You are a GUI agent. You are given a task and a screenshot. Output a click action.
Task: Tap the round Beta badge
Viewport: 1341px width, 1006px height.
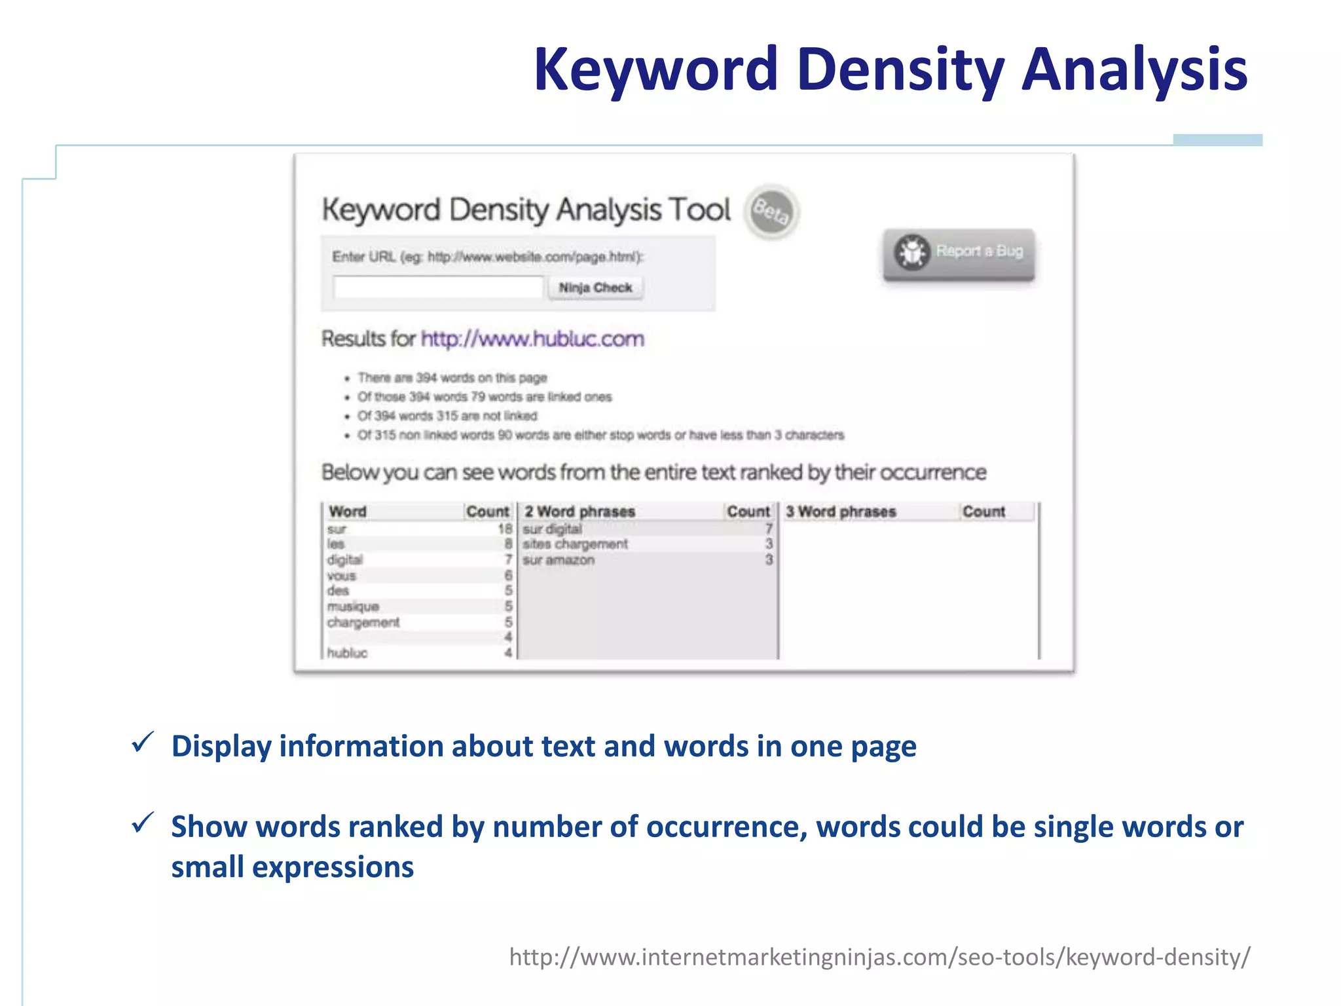pyautogui.click(x=771, y=212)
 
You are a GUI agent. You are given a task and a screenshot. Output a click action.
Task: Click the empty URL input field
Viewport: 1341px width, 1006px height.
pyautogui.click(x=438, y=287)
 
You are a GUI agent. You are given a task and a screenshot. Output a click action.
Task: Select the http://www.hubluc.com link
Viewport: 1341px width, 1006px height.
pyautogui.click(x=532, y=339)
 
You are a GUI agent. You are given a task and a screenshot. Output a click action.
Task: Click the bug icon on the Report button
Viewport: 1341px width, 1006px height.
pyautogui.click(x=912, y=251)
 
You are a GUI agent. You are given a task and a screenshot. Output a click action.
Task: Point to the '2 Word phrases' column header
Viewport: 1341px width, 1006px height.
pyautogui.click(x=579, y=512)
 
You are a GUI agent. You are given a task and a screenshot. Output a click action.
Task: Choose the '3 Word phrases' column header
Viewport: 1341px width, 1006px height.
pyautogui.click(x=840, y=512)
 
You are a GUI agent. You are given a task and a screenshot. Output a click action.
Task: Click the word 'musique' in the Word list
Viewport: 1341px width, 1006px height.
pyautogui.click(x=353, y=606)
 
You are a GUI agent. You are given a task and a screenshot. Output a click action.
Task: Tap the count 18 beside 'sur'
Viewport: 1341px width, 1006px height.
pyautogui.click(x=505, y=528)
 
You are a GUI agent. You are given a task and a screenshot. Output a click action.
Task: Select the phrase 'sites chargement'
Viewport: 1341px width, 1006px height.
pyautogui.click(x=575, y=544)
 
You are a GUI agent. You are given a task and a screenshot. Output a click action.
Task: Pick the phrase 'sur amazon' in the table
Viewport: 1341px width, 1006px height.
pyautogui.click(x=559, y=560)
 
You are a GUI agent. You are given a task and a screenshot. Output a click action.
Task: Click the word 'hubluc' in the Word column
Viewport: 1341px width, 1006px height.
pyautogui.click(x=347, y=653)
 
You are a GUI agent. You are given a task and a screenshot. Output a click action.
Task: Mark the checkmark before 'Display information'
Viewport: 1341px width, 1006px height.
pyautogui.click(x=143, y=743)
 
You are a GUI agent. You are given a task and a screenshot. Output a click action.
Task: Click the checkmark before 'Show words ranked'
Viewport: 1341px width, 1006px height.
pyautogui.click(x=143, y=823)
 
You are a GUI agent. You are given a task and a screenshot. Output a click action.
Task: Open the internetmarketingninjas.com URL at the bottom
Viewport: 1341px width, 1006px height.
pyautogui.click(x=879, y=957)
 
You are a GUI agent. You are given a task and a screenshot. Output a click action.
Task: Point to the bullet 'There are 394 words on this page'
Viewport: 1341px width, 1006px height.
pyautogui.click(x=452, y=378)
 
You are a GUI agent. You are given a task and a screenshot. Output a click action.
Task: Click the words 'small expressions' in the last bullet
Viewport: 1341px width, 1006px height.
pyautogui.click(x=293, y=867)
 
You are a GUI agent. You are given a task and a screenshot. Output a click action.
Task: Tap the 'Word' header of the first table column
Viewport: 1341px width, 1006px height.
pyautogui.click(x=348, y=512)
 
